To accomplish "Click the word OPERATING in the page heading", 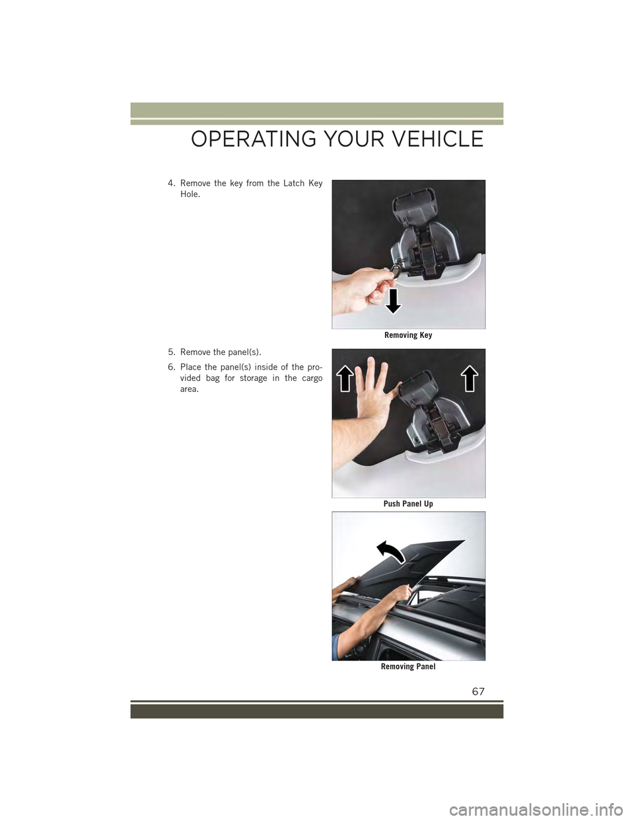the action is click(x=254, y=139).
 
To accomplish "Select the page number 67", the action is click(x=478, y=691).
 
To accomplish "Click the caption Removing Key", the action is click(x=408, y=335).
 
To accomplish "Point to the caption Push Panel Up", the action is click(x=408, y=504).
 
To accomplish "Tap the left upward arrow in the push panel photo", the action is click(x=347, y=379).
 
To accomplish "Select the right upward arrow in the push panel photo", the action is click(x=470, y=378).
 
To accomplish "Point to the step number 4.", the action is click(x=172, y=184).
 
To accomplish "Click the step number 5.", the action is click(x=172, y=352).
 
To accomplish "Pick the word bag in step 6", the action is click(x=213, y=378).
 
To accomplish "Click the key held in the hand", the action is click(x=394, y=270).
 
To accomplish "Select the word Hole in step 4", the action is click(x=190, y=194).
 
